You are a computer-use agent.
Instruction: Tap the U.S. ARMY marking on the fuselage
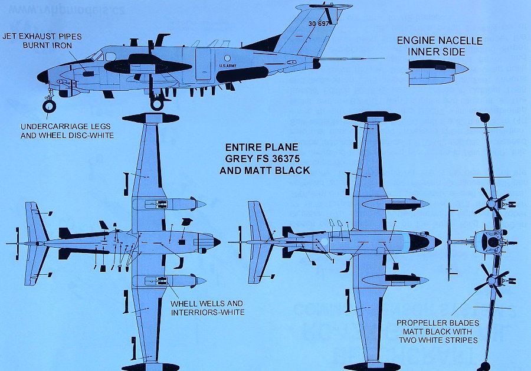point(228,66)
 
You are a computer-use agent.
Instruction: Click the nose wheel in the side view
point(50,106)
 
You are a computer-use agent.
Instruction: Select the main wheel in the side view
point(157,104)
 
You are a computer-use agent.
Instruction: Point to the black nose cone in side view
point(43,76)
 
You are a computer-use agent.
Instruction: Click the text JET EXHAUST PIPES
point(42,37)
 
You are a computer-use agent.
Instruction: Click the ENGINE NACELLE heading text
point(439,41)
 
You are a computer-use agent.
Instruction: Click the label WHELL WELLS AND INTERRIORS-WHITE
point(207,308)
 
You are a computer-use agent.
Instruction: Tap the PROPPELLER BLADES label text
point(438,323)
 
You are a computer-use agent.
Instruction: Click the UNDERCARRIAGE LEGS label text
point(67,127)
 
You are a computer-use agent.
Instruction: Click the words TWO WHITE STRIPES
point(438,341)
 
